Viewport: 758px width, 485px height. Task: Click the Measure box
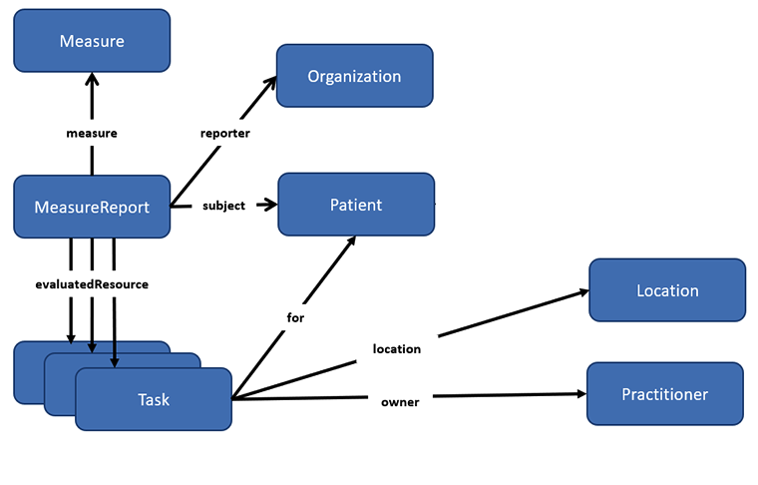click(x=92, y=41)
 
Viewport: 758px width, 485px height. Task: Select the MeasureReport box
click(x=92, y=208)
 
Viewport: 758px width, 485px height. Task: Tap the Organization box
click(x=354, y=76)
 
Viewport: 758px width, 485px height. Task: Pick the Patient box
click(x=356, y=205)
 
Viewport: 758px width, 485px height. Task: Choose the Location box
click(x=667, y=290)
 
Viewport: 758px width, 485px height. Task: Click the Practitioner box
click(x=664, y=394)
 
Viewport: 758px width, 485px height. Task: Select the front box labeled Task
click(x=154, y=399)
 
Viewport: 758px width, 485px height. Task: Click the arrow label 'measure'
click(x=92, y=133)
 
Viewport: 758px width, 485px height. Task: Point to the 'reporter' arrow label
click(x=224, y=133)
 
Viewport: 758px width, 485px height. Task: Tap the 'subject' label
click(x=223, y=206)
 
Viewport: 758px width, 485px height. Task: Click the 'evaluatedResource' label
click(x=92, y=284)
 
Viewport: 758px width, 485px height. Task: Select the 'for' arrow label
click(x=295, y=318)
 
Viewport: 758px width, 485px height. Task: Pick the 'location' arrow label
click(x=397, y=348)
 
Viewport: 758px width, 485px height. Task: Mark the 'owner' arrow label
click(x=400, y=402)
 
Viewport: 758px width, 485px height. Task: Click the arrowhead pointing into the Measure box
click(x=92, y=79)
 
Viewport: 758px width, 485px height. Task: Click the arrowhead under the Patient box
click(x=350, y=242)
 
